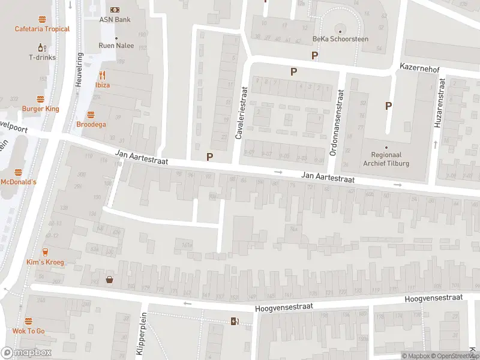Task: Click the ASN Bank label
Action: (x=115, y=19)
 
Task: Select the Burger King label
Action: (x=40, y=109)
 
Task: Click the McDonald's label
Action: (x=19, y=182)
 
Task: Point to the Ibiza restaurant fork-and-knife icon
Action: (x=103, y=75)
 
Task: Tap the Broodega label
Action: (x=91, y=124)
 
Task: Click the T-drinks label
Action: (x=42, y=57)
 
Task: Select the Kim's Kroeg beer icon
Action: (x=45, y=253)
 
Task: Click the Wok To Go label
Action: (x=28, y=331)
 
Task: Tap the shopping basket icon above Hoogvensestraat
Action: (x=110, y=279)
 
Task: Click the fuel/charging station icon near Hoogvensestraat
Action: (x=235, y=321)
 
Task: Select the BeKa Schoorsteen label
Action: (x=340, y=39)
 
